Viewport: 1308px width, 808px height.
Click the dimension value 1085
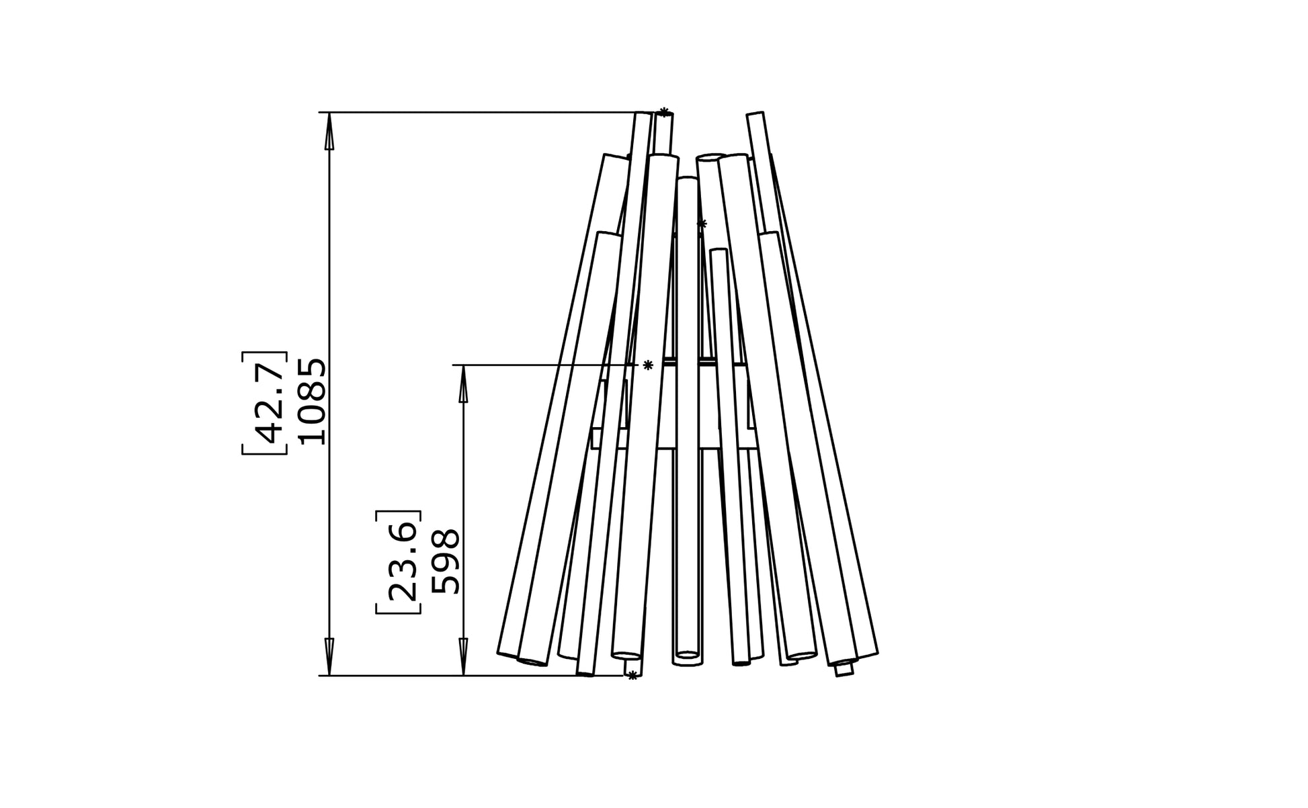(x=313, y=402)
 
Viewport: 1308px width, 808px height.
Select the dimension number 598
(x=446, y=562)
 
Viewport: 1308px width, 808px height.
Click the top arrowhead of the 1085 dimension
(x=329, y=130)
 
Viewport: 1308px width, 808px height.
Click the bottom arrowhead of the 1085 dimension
(x=329, y=657)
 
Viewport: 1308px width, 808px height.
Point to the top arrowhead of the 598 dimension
(x=463, y=384)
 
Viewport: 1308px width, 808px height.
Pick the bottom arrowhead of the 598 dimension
(x=463, y=657)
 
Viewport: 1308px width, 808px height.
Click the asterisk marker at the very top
(x=664, y=112)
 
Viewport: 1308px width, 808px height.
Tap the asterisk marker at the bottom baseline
(x=632, y=676)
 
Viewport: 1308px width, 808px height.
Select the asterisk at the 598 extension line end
(x=648, y=365)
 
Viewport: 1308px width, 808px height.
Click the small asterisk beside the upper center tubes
(x=702, y=224)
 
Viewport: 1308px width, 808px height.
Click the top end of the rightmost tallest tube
(x=755, y=116)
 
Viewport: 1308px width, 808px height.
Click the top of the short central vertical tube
(x=687, y=179)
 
